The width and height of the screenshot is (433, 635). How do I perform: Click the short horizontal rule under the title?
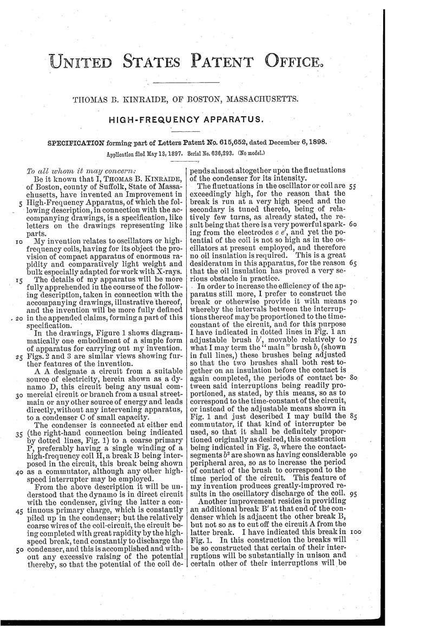[186, 82]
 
